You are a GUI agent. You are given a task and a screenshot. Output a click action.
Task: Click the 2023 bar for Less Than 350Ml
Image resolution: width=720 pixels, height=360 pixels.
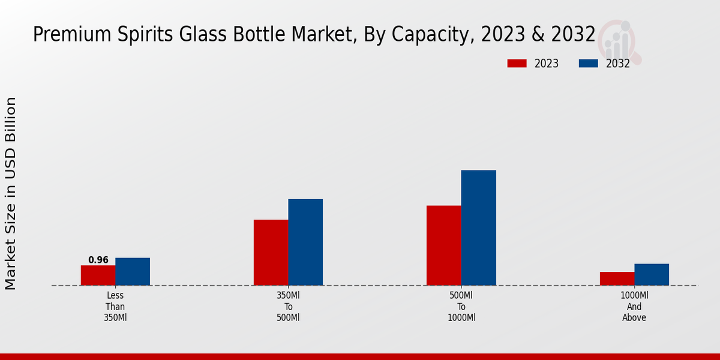[x=98, y=275]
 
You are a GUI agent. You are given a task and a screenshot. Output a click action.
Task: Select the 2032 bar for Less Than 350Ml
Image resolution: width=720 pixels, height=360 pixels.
[x=133, y=272]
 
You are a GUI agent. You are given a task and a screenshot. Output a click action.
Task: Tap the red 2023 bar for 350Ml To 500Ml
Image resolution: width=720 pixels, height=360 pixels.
[x=271, y=253]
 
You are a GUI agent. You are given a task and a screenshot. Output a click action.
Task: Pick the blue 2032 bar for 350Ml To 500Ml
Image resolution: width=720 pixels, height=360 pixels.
[x=305, y=242]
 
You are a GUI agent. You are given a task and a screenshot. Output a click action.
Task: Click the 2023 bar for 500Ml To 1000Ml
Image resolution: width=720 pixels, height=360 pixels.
[x=444, y=245]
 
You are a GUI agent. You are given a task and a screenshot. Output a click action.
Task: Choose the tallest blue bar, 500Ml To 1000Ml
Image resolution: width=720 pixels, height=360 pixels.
[x=478, y=228]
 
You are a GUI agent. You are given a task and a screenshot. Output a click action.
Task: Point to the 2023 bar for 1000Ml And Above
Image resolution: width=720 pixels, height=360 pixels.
[x=617, y=278]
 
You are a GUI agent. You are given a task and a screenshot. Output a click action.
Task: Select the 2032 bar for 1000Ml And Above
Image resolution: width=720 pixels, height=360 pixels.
[x=652, y=275]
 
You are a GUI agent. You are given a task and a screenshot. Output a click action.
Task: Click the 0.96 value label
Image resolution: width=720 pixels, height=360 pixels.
[x=98, y=260]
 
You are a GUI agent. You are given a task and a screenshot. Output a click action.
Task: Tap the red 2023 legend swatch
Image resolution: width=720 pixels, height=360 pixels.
[x=517, y=64]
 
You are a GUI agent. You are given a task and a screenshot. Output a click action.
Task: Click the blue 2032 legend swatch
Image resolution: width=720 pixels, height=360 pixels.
[x=588, y=64]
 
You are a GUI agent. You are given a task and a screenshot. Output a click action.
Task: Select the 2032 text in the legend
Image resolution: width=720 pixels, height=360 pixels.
[x=618, y=64]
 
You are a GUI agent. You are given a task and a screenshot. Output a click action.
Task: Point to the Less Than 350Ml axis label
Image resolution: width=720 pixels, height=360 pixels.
[x=115, y=307]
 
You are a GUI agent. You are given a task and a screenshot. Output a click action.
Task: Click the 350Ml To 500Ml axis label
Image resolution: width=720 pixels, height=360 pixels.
[x=288, y=307]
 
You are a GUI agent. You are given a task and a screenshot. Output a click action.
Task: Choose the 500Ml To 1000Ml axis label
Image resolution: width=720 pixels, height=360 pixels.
[x=461, y=307]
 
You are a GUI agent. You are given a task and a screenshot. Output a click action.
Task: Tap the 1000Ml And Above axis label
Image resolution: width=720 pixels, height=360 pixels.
[x=634, y=307]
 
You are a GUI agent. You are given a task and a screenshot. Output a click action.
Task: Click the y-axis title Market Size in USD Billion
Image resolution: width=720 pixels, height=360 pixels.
[x=11, y=193]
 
